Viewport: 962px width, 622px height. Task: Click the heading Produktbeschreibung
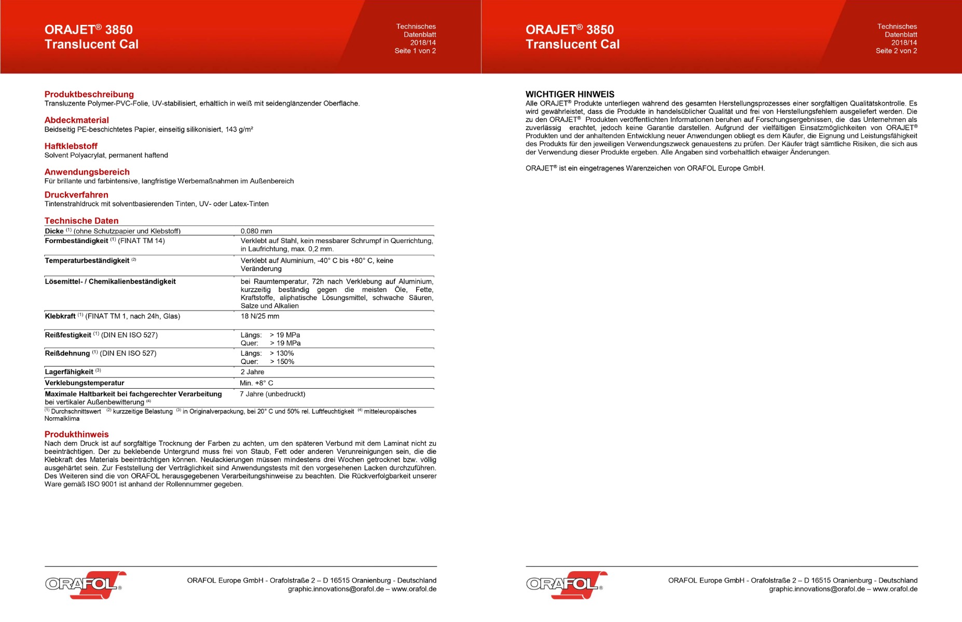pos(89,94)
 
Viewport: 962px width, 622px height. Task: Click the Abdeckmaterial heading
pos(76,120)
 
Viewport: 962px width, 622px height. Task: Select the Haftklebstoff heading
pos(71,146)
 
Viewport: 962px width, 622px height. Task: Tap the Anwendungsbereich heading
pos(87,172)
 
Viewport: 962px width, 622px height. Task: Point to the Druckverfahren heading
pos(76,195)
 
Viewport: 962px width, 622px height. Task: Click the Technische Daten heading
pos(81,221)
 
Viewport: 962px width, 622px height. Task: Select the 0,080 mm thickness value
pos(256,231)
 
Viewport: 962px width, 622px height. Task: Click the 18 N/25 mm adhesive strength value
pos(259,316)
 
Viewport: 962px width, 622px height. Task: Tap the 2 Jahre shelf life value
pos(252,372)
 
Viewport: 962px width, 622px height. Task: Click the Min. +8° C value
pos(256,383)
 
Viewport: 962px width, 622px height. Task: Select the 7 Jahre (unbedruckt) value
pos(272,394)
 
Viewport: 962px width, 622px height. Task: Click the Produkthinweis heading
pos(76,434)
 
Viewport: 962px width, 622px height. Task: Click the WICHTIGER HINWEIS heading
pos(570,94)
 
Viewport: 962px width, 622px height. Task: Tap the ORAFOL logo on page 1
pos(85,585)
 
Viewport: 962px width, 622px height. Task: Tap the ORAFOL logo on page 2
pos(566,585)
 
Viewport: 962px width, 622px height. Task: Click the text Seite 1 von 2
pos(415,51)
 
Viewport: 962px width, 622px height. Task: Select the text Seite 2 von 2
pos(896,51)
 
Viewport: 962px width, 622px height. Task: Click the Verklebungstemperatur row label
pos(84,383)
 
